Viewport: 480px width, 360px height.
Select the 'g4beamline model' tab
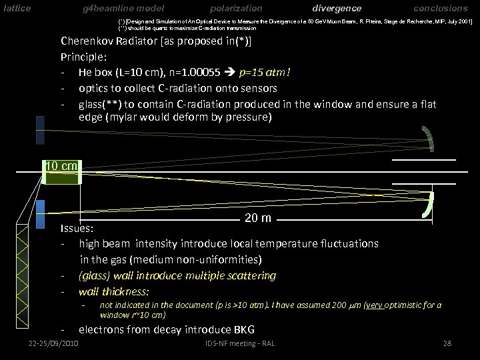tap(123, 9)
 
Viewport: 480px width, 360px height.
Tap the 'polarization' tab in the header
tap(236, 9)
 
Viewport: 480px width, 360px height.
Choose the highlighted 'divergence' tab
tap(337, 9)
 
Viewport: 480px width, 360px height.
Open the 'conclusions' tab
tap(441, 9)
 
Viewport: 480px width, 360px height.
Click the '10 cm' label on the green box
tap(62, 166)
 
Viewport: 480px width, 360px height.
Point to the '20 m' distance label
tap(257, 219)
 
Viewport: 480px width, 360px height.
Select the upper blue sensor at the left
tap(40, 130)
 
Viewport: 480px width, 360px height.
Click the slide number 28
tap(447, 343)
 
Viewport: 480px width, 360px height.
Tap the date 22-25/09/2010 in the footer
tap(55, 343)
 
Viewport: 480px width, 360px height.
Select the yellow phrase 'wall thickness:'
tap(114, 291)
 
